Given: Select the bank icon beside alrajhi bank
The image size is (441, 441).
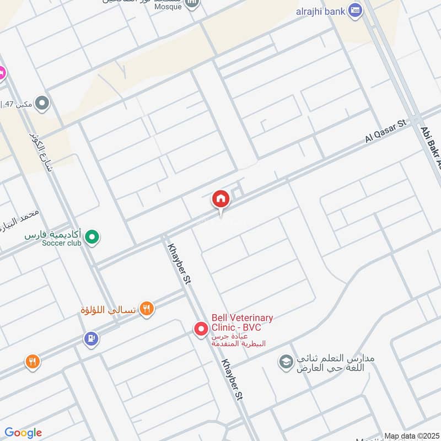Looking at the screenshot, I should click(356, 10).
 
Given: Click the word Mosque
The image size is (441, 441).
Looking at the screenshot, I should click(168, 7).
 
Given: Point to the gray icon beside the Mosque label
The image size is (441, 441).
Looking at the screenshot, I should click(192, 4).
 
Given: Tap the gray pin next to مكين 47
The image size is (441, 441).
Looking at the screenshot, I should click(42, 103).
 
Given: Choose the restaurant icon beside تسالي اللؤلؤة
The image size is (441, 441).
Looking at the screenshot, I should click(146, 309).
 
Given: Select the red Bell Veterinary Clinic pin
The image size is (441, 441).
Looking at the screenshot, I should click(201, 330).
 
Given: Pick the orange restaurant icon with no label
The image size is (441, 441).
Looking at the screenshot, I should click(33, 362).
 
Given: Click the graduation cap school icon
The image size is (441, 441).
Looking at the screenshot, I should click(286, 362).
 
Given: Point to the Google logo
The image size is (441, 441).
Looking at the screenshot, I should click(23, 433).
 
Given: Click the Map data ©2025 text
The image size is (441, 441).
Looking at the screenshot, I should click(411, 436).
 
